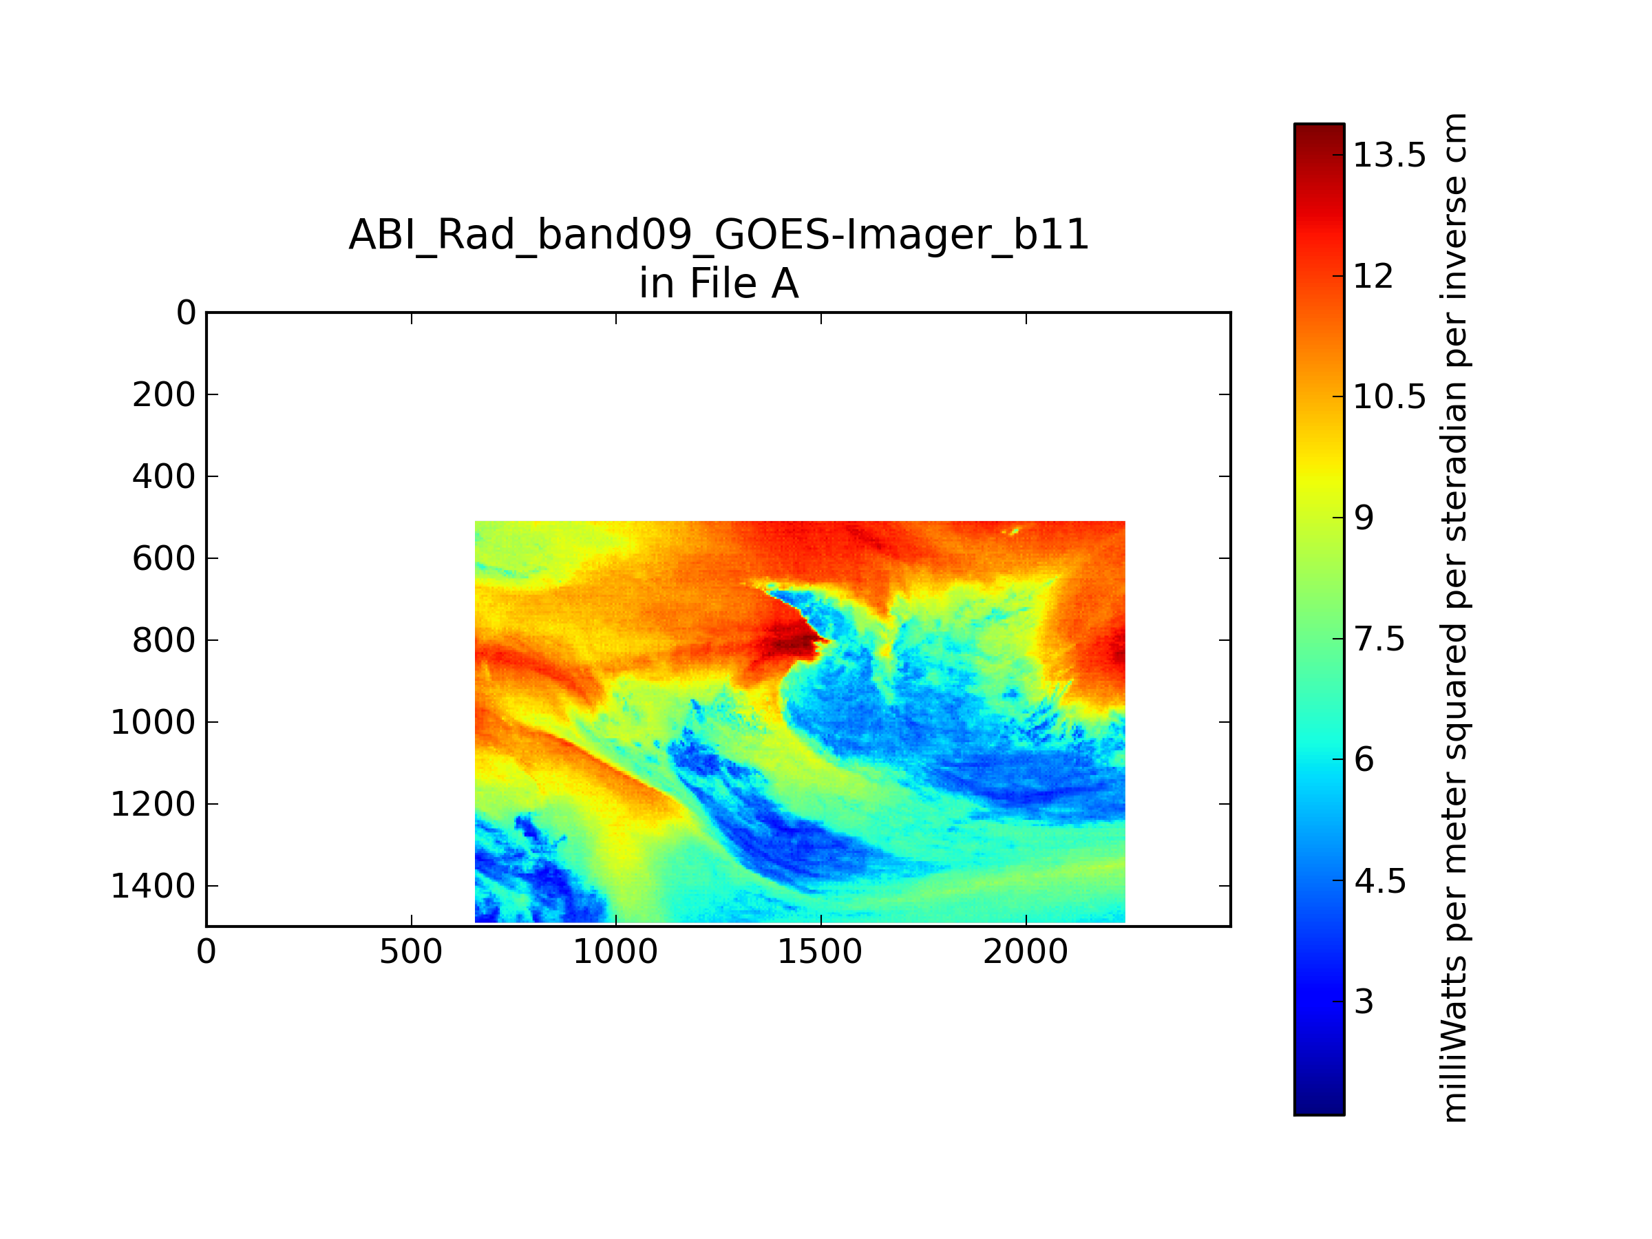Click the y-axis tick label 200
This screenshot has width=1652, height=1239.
click(164, 395)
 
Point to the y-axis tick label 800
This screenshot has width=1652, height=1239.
click(164, 641)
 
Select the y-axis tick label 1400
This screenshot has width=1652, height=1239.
click(153, 887)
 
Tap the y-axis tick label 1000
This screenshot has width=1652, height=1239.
click(153, 723)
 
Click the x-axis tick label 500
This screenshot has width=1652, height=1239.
click(411, 952)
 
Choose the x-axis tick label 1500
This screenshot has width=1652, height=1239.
click(820, 952)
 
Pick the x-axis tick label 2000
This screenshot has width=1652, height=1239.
click(1026, 952)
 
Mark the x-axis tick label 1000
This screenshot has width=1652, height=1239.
click(615, 952)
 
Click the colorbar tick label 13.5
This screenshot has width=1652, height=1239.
click(1390, 156)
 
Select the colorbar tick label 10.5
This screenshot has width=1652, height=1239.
click(1390, 396)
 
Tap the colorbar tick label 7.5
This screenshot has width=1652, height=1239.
click(1379, 639)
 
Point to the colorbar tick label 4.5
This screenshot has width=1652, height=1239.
click(1380, 881)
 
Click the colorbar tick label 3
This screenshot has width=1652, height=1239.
click(1364, 1002)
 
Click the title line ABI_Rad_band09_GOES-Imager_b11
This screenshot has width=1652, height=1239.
click(719, 235)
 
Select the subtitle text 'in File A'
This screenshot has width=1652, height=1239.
click(719, 284)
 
